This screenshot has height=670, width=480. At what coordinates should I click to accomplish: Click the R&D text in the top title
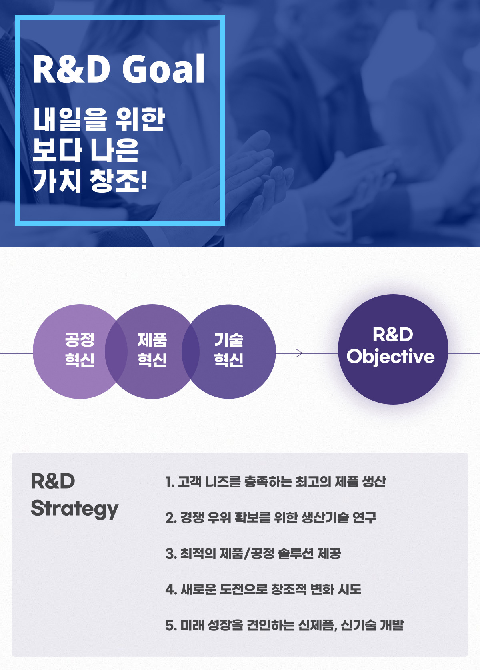click(71, 69)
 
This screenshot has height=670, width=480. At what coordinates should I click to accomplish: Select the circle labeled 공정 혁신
click(80, 351)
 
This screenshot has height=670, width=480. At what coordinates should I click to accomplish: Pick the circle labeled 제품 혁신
click(152, 351)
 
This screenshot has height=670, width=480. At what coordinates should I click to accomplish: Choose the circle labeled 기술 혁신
click(229, 351)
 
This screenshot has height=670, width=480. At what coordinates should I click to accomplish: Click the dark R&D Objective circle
click(393, 349)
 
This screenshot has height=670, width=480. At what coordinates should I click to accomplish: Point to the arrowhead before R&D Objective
click(300, 353)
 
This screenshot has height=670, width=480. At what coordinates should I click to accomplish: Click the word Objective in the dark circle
click(390, 357)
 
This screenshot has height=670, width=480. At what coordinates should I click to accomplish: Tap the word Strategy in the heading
click(75, 509)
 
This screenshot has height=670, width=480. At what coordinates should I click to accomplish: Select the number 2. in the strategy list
click(171, 518)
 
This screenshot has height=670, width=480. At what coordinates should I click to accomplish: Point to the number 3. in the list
click(171, 554)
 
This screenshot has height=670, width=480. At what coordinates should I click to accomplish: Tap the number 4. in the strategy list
click(171, 590)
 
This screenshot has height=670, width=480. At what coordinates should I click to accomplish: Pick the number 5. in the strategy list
click(171, 626)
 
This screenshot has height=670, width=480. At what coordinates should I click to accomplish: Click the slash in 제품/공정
click(246, 554)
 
